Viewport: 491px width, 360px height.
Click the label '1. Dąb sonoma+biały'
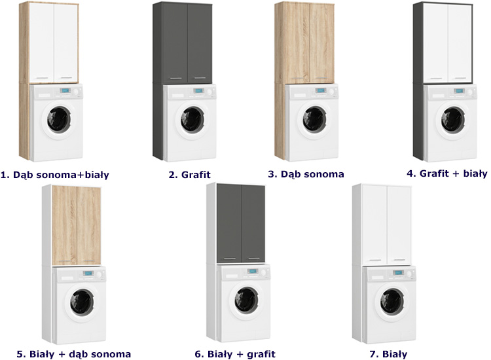tap(55, 174)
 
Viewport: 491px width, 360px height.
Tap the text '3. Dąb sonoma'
tap(306, 174)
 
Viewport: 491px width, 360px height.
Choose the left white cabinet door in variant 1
tap(41, 43)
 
